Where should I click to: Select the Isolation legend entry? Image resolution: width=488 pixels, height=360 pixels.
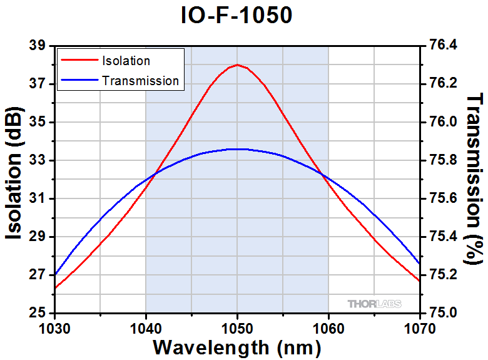(126, 61)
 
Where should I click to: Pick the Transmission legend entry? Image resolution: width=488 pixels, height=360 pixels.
(140, 81)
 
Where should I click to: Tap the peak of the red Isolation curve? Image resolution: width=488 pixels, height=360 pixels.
(237, 64)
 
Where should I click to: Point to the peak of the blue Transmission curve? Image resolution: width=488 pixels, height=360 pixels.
(237, 149)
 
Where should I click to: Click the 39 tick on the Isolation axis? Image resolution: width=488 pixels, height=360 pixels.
(38, 46)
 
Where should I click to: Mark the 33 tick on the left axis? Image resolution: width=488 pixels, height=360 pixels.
(38, 160)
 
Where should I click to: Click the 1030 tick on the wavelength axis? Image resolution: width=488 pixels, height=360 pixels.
(55, 326)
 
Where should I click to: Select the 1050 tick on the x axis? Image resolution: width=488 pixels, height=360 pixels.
(237, 326)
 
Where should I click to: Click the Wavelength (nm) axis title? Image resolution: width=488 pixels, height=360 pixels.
(237, 346)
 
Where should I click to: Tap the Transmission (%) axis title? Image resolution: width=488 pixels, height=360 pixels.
(475, 178)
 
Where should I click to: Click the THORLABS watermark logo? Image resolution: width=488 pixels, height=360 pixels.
(374, 304)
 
